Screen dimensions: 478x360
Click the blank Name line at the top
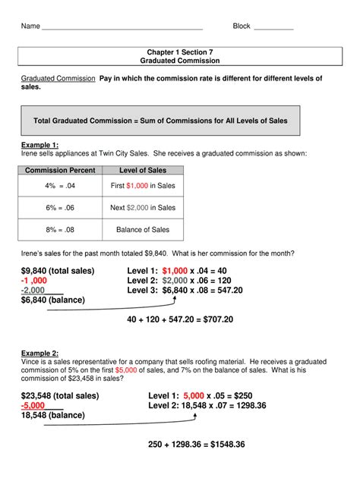click(122, 28)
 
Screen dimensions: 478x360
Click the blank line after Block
click(273, 28)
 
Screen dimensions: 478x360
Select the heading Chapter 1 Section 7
click(180, 51)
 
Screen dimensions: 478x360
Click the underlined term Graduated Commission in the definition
click(58, 79)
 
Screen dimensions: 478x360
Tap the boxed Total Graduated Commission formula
click(159, 121)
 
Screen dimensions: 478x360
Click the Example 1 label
click(39, 144)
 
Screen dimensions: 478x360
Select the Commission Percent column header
click(61, 171)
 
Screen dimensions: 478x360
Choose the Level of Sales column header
click(142, 171)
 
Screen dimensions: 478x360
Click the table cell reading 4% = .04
click(61, 186)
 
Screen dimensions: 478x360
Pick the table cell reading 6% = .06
click(61, 207)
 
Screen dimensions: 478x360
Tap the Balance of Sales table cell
click(142, 229)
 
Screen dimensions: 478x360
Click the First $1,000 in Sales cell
click(142, 186)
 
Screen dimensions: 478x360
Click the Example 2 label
click(39, 354)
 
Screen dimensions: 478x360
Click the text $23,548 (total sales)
click(60, 396)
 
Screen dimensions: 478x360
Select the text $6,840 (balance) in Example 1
click(53, 300)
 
